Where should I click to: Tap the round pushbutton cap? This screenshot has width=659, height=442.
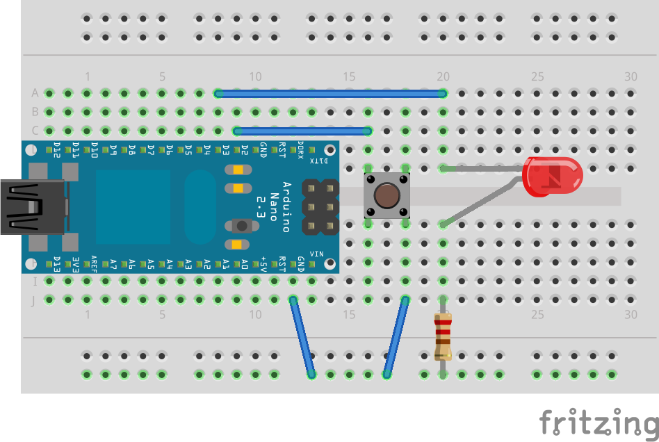pyautogui.click(x=387, y=195)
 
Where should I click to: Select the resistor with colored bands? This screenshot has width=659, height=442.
pyautogui.click(x=443, y=337)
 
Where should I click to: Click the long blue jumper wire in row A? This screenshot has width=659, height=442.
pyautogui.click(x=330, y=93)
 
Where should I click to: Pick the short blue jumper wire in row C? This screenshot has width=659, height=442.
pyautogui.click(x=302, y=131)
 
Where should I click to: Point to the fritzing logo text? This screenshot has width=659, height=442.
pyautogui.click(x=598, y=423)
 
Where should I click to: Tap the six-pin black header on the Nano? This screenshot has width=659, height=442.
pyautogui.click(x=319, y=206)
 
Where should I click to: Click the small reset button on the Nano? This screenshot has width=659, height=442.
pyautogui.click(x=241, y=225)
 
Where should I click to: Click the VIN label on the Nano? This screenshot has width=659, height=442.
pyautogui.click(x=316, y=253)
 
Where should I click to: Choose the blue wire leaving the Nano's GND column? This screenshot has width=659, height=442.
pyautogui.click(x=302, y=337)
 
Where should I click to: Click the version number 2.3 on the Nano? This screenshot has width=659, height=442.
pyautogui.click(x=260, y=206)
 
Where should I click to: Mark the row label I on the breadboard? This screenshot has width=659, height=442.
pyautogui.click(x=35, y=281)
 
